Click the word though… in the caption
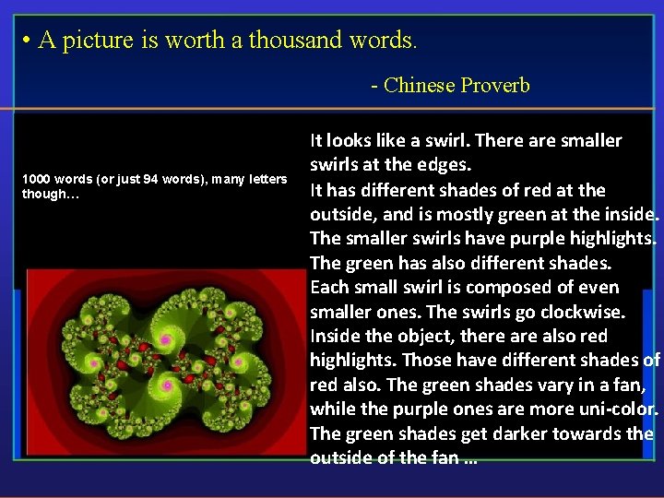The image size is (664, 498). click(46, 194)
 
